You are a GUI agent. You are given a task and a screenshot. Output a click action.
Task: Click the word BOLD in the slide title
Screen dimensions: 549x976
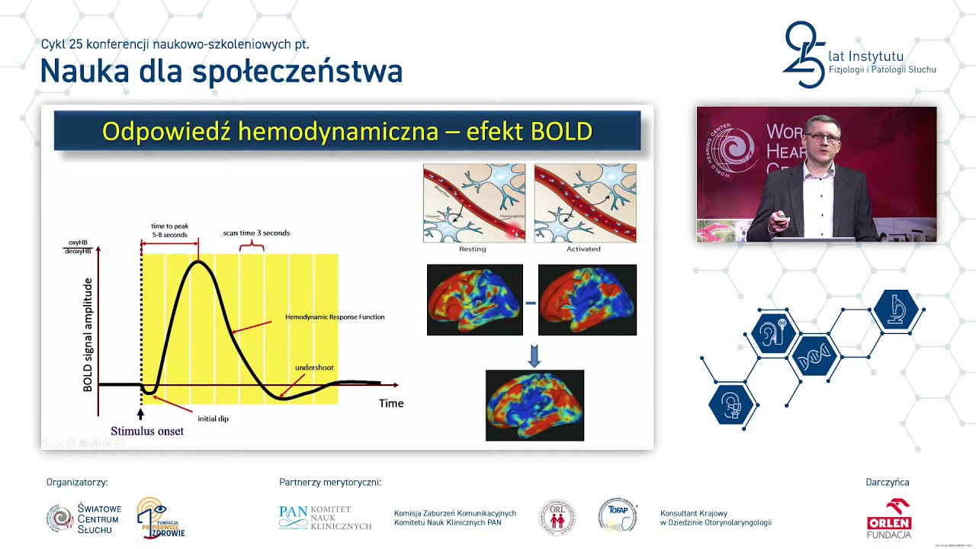561,131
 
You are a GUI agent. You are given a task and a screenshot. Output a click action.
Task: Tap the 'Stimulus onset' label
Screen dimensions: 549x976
147,431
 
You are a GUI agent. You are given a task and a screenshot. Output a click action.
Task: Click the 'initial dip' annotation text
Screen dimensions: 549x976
213,419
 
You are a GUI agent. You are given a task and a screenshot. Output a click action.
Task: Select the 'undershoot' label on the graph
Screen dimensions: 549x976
314,368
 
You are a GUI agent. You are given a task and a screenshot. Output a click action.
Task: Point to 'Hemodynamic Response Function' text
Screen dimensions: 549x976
335,316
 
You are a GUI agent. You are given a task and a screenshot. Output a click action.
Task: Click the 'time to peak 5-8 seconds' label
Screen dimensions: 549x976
169,230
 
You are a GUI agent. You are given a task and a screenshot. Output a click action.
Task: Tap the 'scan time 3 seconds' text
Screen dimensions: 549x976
256,233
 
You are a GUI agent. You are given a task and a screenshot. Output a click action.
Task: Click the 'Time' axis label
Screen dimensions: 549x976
391,403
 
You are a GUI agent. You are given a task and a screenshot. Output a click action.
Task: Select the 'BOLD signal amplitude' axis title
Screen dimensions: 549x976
88,335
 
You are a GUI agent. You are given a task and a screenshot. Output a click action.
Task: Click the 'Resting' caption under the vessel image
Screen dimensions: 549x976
473,249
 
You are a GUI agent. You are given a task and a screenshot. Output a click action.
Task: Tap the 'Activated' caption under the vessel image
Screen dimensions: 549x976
583,249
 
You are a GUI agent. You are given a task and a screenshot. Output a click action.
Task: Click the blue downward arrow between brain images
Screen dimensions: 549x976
534,355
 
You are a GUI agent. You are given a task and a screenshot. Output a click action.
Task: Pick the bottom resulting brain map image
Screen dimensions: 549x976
535,405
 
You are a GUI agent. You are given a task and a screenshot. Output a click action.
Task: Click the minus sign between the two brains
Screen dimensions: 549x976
531,303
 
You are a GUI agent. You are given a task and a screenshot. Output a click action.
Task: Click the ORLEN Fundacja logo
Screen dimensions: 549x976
888,518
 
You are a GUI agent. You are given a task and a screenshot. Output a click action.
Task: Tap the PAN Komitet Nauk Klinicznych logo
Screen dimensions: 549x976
326,518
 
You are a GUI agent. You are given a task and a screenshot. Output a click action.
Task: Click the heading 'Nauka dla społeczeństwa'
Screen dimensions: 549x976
221,72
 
